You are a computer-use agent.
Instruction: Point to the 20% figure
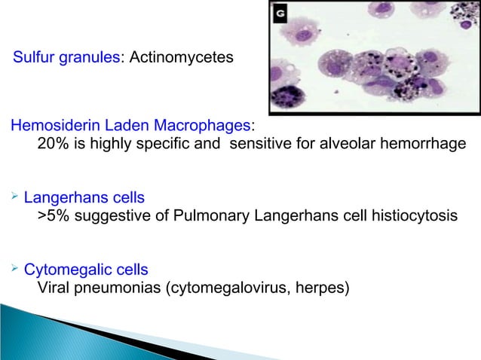pyautogui.click(x=51, y=144)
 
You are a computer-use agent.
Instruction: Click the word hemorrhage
pyautogui.click(x=423, y=144)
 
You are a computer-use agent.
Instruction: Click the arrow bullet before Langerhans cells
pyautogui.click(x=13, y=197)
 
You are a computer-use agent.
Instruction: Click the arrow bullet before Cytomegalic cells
pyautogui.click(x=13, y=268)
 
